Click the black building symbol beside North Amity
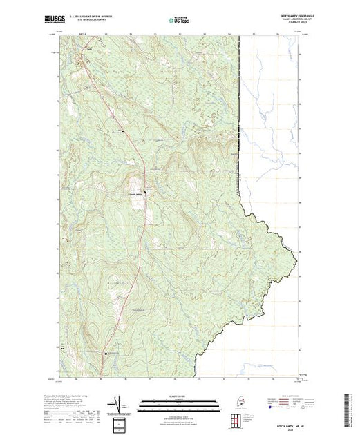(145, 191)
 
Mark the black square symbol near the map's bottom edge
(106, 354)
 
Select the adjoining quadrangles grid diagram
(236, 419)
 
